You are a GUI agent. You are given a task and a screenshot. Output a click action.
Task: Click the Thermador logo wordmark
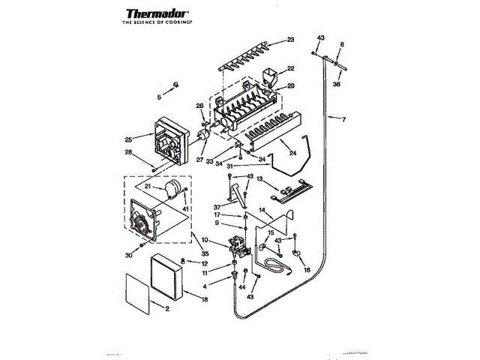pos(157,13)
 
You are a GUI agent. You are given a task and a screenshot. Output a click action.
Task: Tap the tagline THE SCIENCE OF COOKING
pos(157,24)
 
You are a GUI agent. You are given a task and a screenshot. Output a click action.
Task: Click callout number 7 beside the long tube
pos(343,120)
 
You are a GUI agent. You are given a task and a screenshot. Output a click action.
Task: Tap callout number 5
pos(159,97)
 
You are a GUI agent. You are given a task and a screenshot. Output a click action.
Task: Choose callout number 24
pos(292,153)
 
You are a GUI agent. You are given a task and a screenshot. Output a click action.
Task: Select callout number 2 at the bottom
pos(167,309)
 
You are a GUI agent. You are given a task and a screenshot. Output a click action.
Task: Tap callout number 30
pos(128,256)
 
